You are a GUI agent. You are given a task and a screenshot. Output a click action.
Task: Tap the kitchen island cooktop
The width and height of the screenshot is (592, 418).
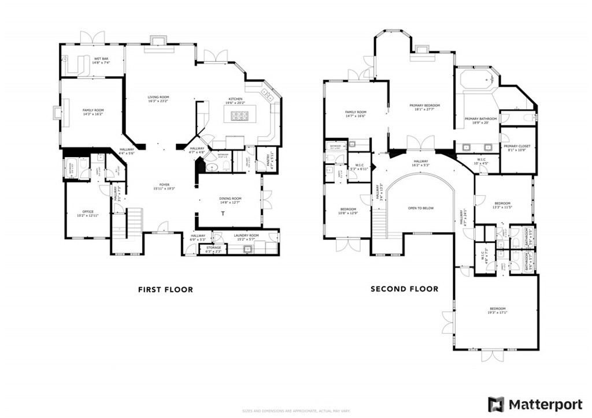(x=239, y=116)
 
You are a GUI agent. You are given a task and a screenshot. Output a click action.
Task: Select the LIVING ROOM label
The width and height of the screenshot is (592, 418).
(x=158, y=99)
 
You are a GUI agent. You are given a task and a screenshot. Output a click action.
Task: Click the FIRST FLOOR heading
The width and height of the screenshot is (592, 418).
(x=165, y=289)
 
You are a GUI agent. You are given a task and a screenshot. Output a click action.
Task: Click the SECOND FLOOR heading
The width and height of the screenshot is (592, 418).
(x=404, y=289)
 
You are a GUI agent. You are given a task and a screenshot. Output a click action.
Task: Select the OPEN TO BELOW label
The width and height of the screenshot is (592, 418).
(x=420, y=208)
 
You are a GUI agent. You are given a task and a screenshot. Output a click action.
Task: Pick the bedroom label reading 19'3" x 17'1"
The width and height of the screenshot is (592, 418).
(x=497, y=310)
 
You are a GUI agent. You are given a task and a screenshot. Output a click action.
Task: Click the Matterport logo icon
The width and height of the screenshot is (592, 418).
(x=495, y=404)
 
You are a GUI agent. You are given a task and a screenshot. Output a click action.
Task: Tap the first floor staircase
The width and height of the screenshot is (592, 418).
(x=134, y=221)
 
